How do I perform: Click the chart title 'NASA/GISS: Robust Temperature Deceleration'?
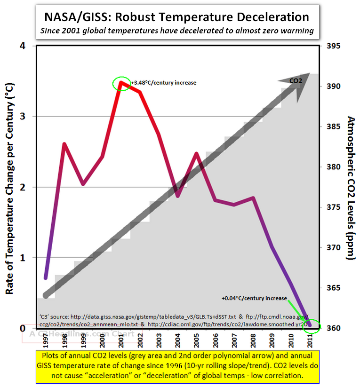177,17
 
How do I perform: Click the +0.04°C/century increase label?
254,298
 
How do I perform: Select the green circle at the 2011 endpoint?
312,326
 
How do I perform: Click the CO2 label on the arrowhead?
296,81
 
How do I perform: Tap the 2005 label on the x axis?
197,339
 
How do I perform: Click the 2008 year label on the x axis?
254,339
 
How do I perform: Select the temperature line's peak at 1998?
64,144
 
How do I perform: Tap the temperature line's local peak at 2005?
196,153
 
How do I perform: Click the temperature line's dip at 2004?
177,196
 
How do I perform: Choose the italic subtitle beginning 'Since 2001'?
177,32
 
